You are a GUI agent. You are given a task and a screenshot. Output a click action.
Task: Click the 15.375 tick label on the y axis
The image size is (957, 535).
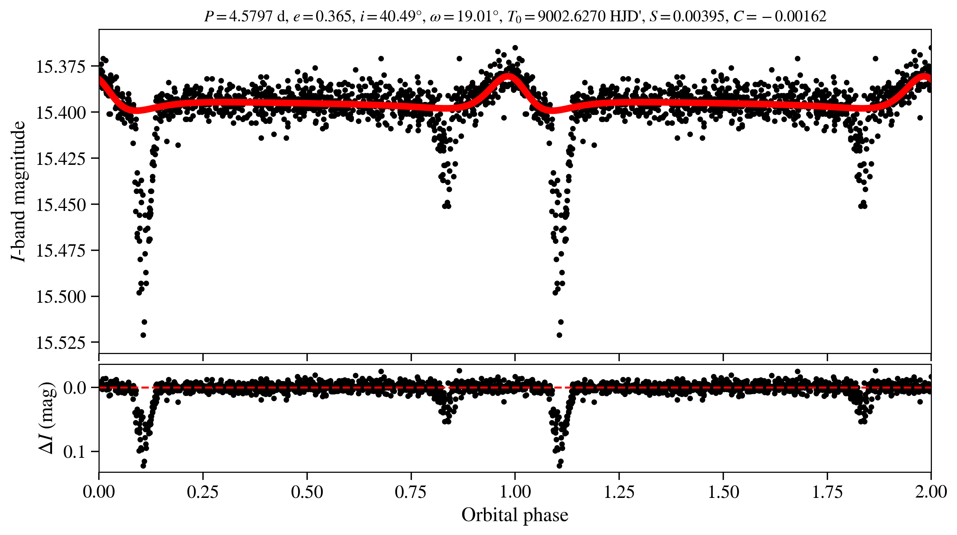tap(61, 67)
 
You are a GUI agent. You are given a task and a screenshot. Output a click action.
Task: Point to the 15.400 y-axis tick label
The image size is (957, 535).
tap(61, 112)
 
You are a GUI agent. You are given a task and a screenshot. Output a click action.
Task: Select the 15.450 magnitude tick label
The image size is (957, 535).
tap(61, 205)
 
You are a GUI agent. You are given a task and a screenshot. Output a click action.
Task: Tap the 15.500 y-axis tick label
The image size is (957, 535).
tap(61, 297)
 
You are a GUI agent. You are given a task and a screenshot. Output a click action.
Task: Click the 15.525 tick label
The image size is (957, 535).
tap(61, 342)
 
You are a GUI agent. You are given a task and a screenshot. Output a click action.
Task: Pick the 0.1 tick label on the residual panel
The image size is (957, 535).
tap(75, 452)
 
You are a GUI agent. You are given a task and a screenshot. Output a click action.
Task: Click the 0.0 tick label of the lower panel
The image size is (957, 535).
tap(75, 388)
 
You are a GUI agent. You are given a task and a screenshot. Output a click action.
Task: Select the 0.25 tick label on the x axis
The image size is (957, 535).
tap(203, 492)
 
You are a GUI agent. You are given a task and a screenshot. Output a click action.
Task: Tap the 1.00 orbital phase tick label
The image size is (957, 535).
tap(515, 492)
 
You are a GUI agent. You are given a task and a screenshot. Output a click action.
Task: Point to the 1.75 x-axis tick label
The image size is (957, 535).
tap(827, 492)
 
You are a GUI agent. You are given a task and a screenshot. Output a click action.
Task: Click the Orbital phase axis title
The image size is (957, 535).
tap(515, 515)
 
